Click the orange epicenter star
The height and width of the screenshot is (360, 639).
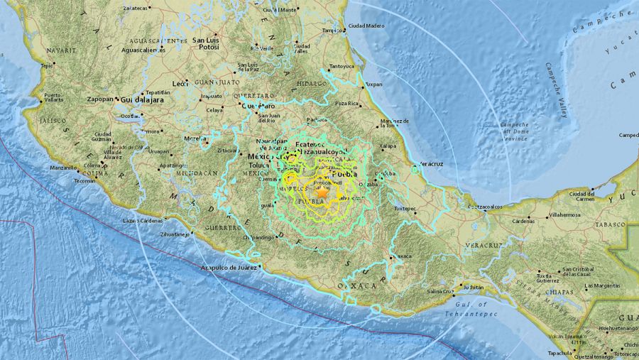322,192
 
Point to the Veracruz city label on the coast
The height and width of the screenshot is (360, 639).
430,163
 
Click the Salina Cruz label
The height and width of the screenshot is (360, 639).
441,291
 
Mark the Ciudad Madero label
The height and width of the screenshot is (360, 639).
366,26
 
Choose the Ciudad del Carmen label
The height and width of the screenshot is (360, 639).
581,196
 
